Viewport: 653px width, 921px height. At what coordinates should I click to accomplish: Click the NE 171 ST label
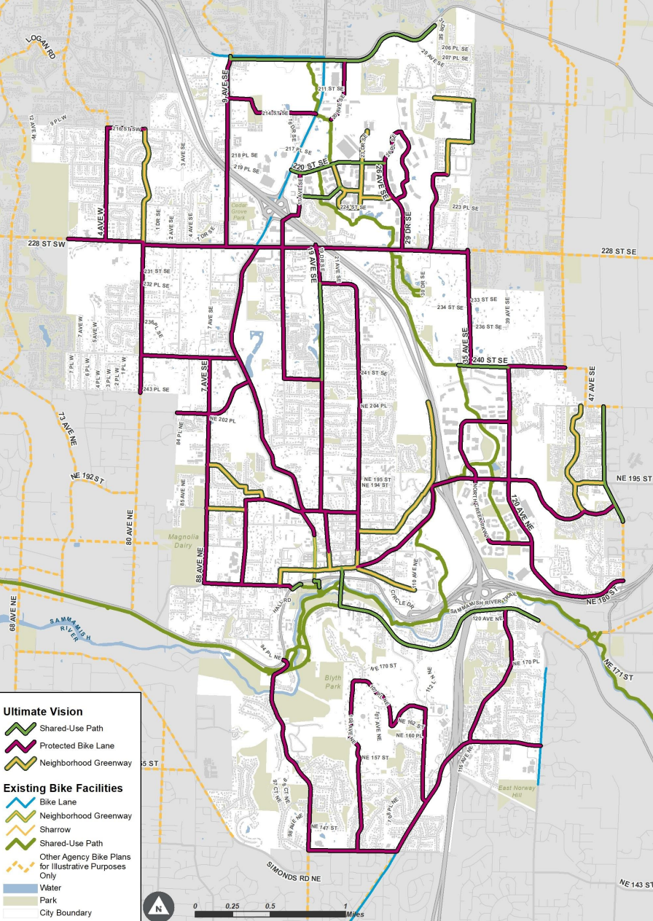point(618,670)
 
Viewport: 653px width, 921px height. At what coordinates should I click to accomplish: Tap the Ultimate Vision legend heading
point(43,712)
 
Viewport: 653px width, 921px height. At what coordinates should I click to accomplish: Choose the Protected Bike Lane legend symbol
point(20,745)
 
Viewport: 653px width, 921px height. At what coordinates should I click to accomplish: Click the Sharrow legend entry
point(55,829)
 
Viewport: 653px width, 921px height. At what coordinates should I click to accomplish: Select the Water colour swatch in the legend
point(19,888)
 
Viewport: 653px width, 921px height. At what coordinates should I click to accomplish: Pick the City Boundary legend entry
point(66,912)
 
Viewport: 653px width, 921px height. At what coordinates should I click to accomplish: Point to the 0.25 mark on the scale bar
point(232,906)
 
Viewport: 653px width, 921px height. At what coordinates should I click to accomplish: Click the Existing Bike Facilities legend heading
point(63,788)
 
